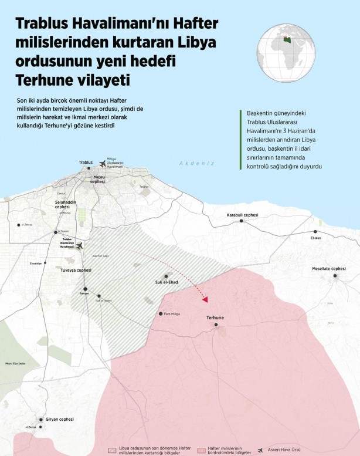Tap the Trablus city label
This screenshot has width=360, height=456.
click(x=86, y=162)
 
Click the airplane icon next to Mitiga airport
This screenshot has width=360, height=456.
click(x=104, y=163)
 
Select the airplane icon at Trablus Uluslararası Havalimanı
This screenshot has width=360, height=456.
click(x=80, y=246)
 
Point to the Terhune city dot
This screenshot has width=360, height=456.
click(x=216, y=324)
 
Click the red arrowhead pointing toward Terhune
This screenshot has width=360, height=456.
click(x=205, y=299)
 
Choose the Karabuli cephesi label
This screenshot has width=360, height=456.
click(x=242, y=215)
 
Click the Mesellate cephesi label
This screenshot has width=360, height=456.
click(x=330, y=268)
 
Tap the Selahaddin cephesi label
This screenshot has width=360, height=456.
click(x=59, y=204)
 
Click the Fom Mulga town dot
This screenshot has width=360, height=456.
click(x=160, y=314)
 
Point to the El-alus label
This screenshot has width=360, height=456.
click(x=315, y=238)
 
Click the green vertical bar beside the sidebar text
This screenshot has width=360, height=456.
click(x=240, y=139)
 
